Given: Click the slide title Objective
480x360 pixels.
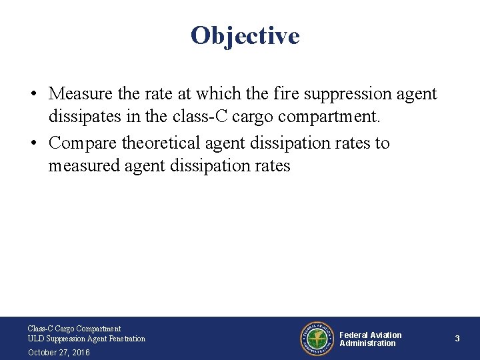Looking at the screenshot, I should pyautogui.click(x=245, y=35).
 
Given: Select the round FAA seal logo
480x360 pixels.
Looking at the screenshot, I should pyautogui.click(x=316, y=338).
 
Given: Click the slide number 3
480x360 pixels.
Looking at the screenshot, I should pyautogui.click(x=457, y=339).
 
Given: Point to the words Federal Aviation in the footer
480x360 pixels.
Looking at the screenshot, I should pyautogui.click(x=371, y=335).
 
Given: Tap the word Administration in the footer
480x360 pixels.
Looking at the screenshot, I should pyautogui.click(x=367, y=343).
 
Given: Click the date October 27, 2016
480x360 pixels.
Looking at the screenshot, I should pyautogui.click(x=59, y=352).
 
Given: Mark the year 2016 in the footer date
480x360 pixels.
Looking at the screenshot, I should pyautogui.click(x=79, y=352).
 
